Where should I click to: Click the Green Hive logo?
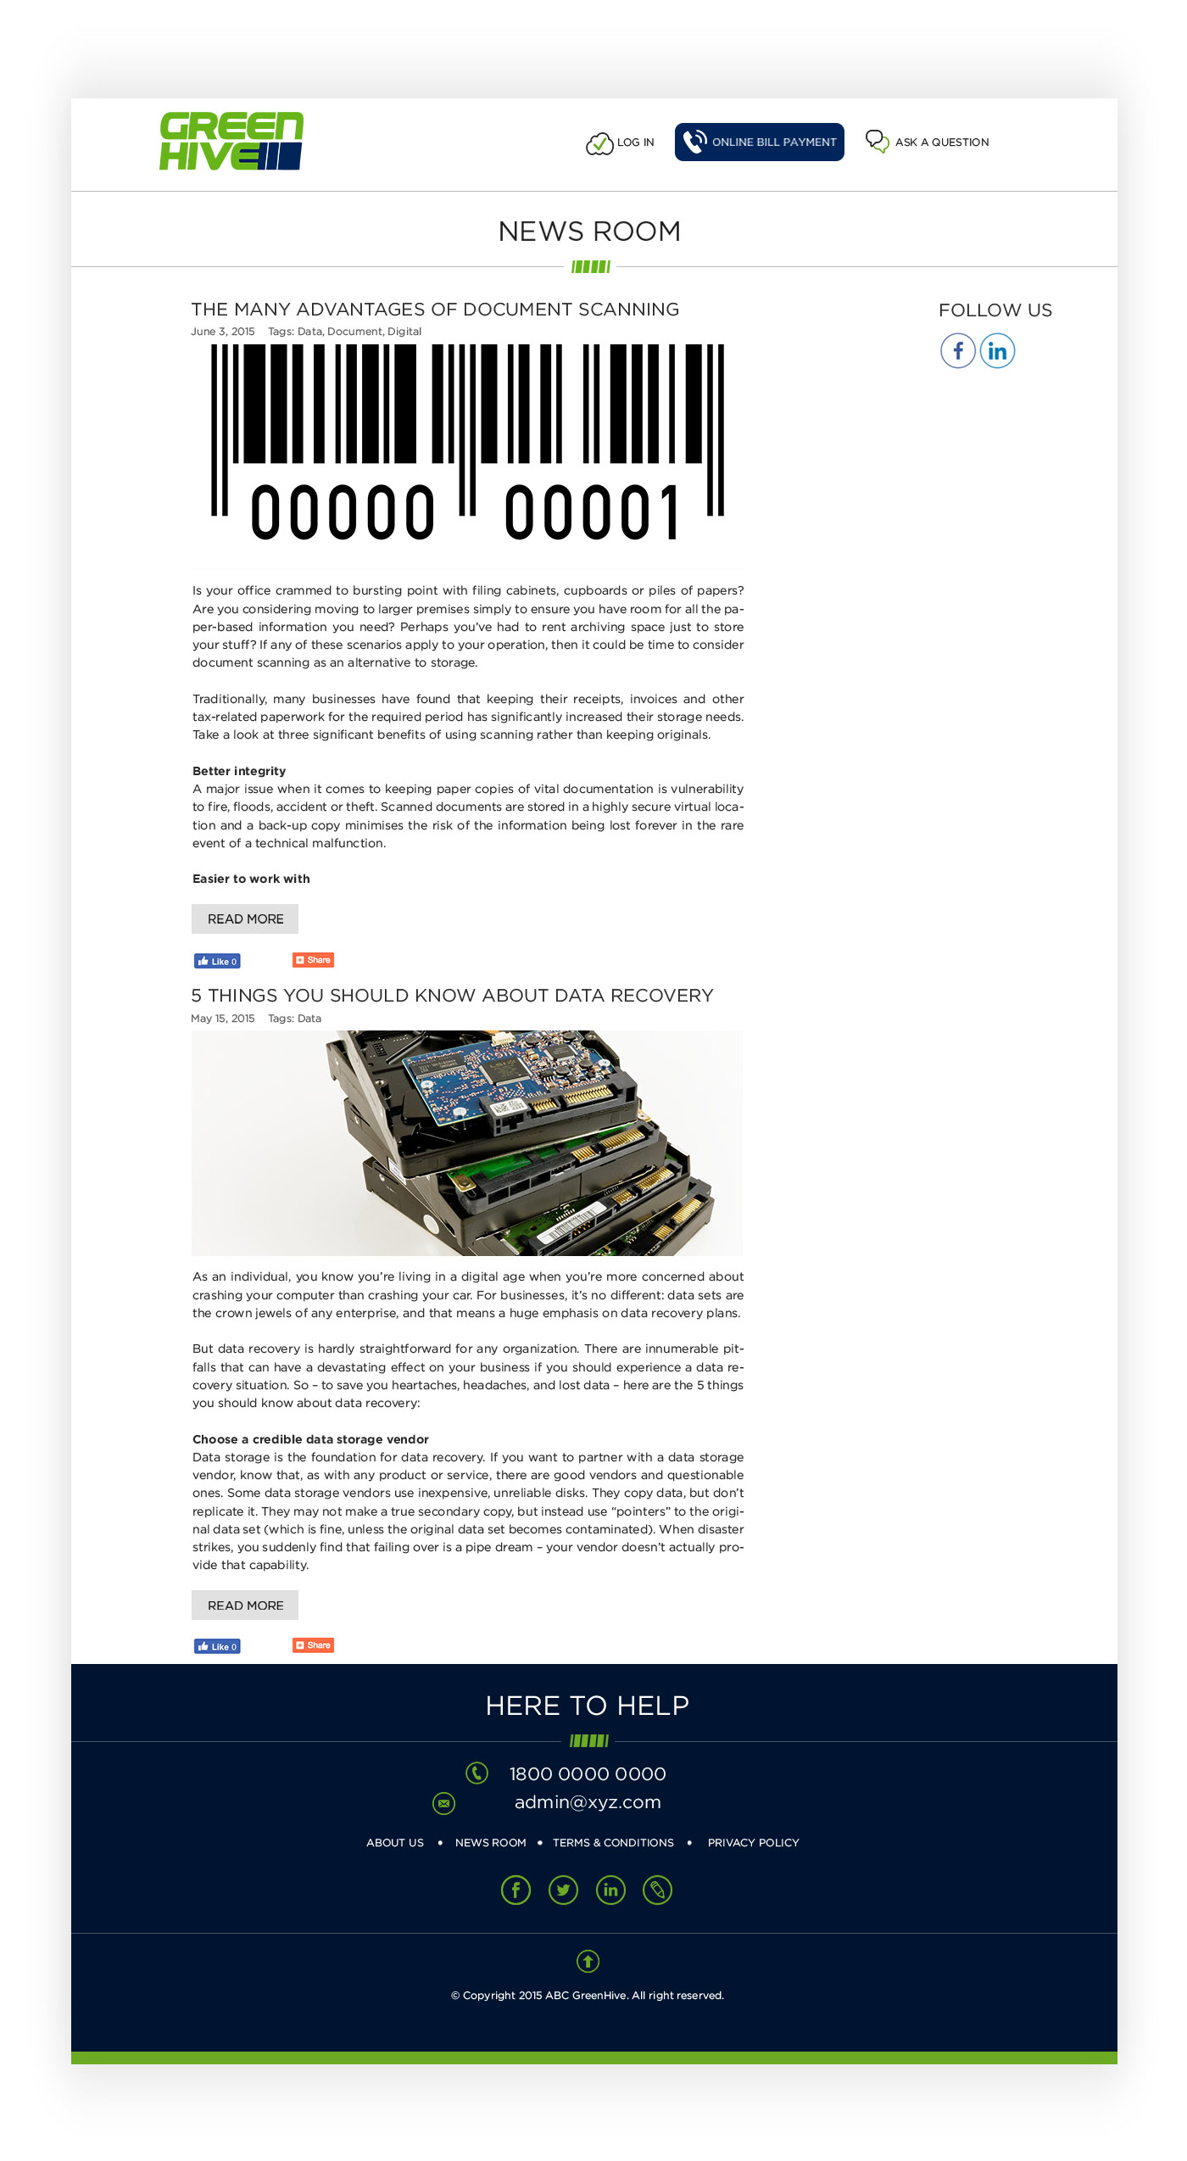pos(231,141)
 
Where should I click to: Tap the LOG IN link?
pos(621,142)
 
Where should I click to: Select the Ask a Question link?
pos(928,142)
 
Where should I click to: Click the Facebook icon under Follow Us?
pos(957,350)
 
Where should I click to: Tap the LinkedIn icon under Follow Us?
pos(997,350)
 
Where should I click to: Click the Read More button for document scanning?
pos(245,919)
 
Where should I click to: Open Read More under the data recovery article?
pos(245,1605)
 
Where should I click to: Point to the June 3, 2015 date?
pos(223,332)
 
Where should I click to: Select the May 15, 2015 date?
pos(223,1019)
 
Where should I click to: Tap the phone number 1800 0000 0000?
pos(588,1773)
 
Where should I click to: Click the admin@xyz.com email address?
pos(588,1801)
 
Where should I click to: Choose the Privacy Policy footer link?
pos(753,1843)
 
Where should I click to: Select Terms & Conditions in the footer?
pos(613,1843)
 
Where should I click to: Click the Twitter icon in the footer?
pos(563,1890)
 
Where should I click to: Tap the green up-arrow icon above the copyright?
pos(588,1961)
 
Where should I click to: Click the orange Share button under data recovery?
pos(314,1645)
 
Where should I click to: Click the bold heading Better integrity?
pos(239,771)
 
